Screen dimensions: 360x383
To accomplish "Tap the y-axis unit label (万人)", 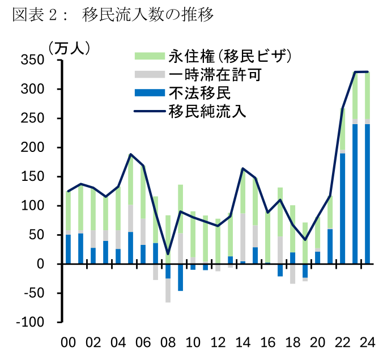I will coord(69,48).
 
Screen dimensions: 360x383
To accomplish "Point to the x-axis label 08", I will coord(168,342).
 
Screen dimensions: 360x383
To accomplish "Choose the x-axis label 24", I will coord(367,342).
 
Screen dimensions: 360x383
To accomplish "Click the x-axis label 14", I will coord(242,342).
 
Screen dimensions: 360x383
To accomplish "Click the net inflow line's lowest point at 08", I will coord(168,253).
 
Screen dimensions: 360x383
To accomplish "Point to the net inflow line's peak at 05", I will coord(131,154).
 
